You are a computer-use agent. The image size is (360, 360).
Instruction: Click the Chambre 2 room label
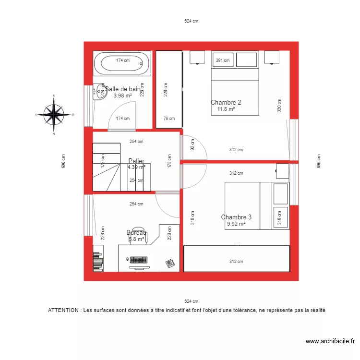(226, 102)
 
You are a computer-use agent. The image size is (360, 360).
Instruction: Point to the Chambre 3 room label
(236, 217)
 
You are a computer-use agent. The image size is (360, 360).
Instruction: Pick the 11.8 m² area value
(226, 109)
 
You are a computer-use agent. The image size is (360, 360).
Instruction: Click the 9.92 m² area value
(236, 224)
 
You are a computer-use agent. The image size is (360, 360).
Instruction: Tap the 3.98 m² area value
(122, 96)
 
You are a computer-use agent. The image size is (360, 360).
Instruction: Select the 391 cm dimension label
(222, 60)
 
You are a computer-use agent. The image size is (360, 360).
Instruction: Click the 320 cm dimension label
(278, 105)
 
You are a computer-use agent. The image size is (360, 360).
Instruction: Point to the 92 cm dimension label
(193, 145)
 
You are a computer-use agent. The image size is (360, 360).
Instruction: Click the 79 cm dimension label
(168, 119)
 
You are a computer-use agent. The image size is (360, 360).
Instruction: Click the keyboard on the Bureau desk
(138, 260)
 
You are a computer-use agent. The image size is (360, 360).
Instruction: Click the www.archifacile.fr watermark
(330, 341)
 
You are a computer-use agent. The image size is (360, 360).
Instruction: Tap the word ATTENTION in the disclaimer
(64, 311)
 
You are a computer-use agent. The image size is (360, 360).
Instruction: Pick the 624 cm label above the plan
(191, 21)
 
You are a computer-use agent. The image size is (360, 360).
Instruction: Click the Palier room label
(136, 161)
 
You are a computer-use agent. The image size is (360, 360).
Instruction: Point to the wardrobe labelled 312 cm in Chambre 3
(236, 259)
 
